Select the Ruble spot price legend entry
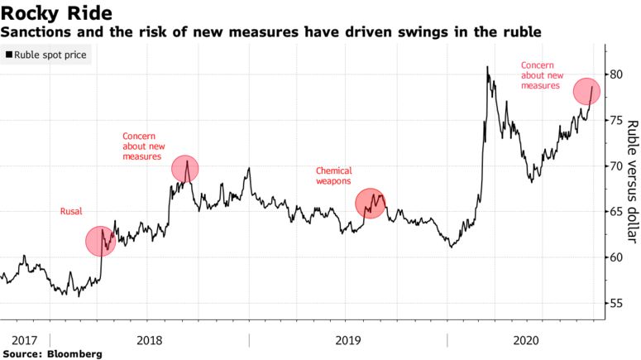tap(50, 55)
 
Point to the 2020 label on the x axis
tap(526, 340)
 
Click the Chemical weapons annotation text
tap(333, 175)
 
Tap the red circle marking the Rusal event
tap(100, 241)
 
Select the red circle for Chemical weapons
tap(371, 203)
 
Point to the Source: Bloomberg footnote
tap(52, 353)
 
